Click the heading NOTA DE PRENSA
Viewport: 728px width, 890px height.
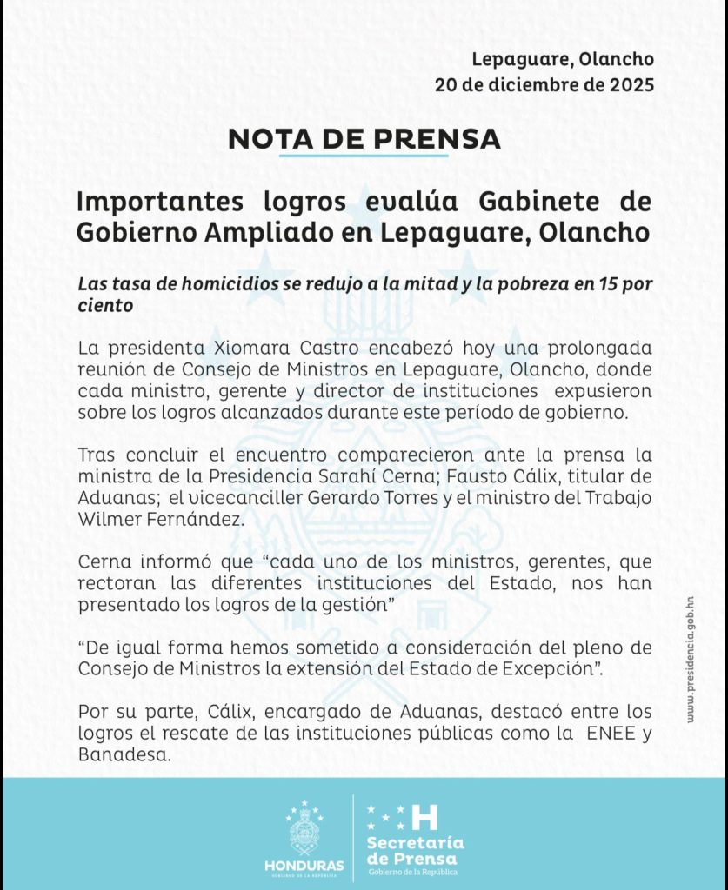364,139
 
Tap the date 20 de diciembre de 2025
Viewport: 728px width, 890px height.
544,85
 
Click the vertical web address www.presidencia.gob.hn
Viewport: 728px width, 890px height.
690,660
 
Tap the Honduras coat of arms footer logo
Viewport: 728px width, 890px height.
304,830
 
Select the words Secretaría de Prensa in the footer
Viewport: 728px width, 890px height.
415,851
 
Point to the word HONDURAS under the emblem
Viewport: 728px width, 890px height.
304,867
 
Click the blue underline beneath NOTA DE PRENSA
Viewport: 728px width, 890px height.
364,156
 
